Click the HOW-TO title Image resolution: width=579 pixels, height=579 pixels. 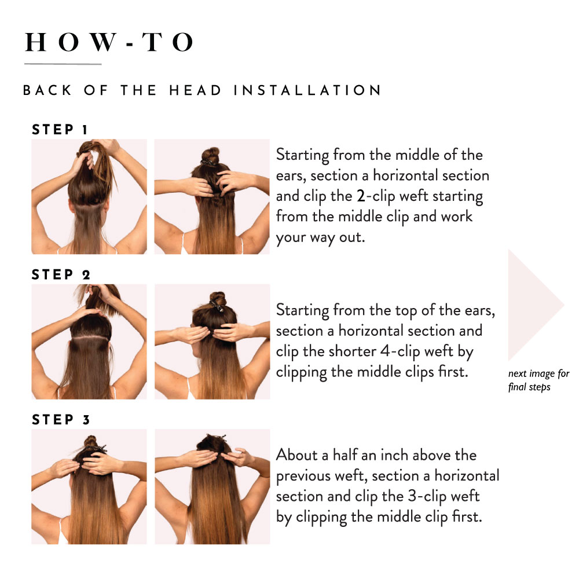click(x=109, y=42)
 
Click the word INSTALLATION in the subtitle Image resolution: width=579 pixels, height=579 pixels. click(x=307, y=90)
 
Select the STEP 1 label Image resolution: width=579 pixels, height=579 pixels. click(x=60, y=130)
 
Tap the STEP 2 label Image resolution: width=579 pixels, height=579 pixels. click(x=61, y=274)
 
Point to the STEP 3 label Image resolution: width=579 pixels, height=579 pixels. click(x=61, y=420)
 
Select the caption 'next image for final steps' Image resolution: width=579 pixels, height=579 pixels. click(x=538, y=380)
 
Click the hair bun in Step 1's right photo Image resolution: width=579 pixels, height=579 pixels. click(x=211, y=155)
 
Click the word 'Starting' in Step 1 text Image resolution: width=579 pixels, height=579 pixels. click(x=302, y=155)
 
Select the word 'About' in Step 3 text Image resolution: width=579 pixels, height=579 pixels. click(x=296, y=455)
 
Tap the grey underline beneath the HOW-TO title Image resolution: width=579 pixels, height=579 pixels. click(x=63, y=64)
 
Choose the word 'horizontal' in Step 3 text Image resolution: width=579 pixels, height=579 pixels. click(x=467, y=475)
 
